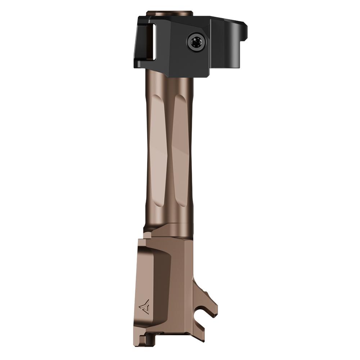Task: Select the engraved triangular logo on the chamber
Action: pos(144,306)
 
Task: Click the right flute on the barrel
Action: pos(180,144)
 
